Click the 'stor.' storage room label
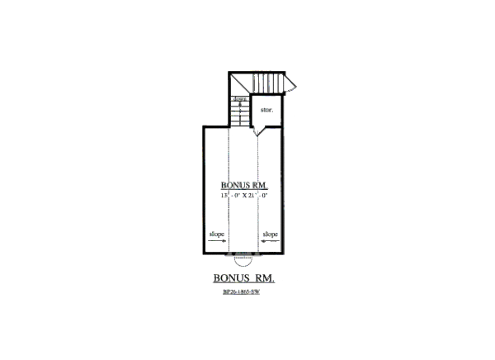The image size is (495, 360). [x=266, y=109]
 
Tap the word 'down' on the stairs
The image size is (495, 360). [x=239, y=99]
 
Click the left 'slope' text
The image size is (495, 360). [x=217, y=234]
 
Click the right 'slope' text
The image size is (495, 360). [x=271, y=234]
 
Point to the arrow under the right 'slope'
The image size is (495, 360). [x=270, y=241]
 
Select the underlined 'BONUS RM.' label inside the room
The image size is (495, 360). [x=243, y=185]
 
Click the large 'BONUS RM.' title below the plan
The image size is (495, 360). [x=243, y=278]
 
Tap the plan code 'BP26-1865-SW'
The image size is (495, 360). [x=243, y=292]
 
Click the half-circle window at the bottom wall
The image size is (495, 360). [x=243, y=258]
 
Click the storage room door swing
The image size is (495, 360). [x=259, y=128]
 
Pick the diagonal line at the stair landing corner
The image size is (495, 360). [x=238, y=83]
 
